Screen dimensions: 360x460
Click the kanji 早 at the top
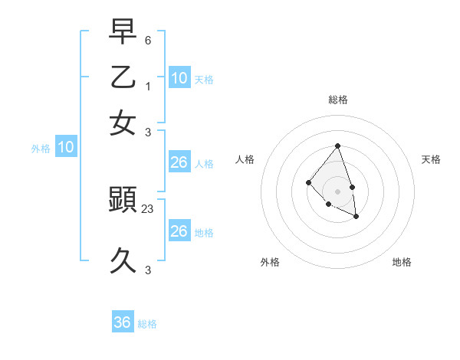(123, 32)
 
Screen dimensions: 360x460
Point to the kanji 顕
(123, 201)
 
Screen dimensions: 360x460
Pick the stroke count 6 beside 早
(148, 39)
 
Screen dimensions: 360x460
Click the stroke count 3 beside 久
(148, 270)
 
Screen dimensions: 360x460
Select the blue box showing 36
(123, 322)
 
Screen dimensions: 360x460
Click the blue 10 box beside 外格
(66, 147)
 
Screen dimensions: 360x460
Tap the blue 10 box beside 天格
(179, 78)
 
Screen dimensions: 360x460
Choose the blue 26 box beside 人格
(179, 162)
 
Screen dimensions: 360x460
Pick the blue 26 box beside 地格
(179, 231)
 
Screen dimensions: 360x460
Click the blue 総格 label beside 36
(147, 324)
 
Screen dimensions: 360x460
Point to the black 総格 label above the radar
(338, 100)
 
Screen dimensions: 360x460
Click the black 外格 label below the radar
(270, 262)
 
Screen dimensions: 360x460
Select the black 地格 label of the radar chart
(402, 262)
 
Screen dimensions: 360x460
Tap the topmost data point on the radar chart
(337, 146)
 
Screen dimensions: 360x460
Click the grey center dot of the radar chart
(337, 191)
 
